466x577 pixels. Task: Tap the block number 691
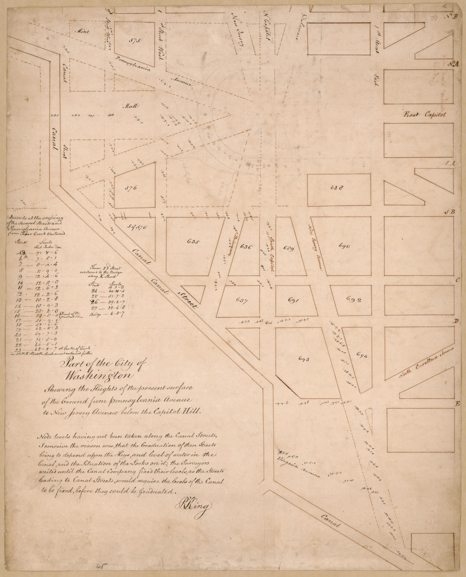pyautogui.click(x=294, y=300)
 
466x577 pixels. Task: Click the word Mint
pyautogui.click(x=80, y=31)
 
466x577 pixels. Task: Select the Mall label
pyautogui.click(x=128, y=106)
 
